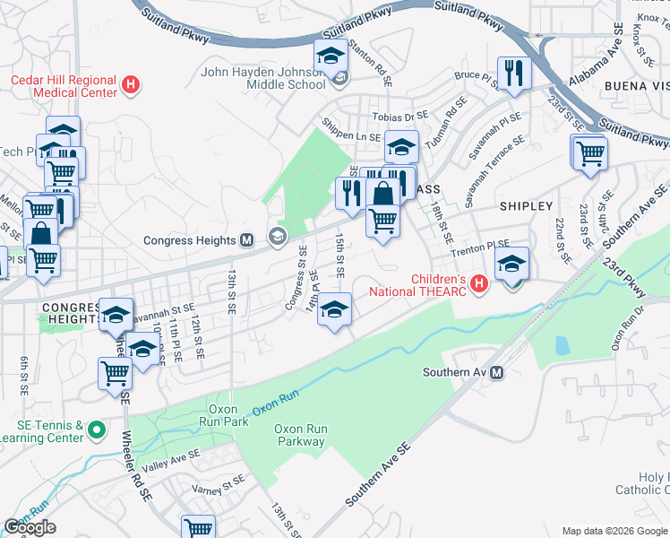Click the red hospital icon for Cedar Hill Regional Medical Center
click(x=131, y=86)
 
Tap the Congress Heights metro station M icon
click(x=250, y=239)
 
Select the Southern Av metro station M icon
click(x=497, y=372)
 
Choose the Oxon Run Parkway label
click(x=300, y=435)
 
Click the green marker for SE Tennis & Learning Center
click(x=97, y=432)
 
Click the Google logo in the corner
click(x=30, y=527)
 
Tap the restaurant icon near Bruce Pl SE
click(x=513, y=74)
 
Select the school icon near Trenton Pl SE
click(x=511, y=265)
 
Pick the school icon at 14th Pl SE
click(x=334, y=310)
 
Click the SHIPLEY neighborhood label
click(x=526, y=206)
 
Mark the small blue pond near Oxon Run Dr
click(x=562, y=345)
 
